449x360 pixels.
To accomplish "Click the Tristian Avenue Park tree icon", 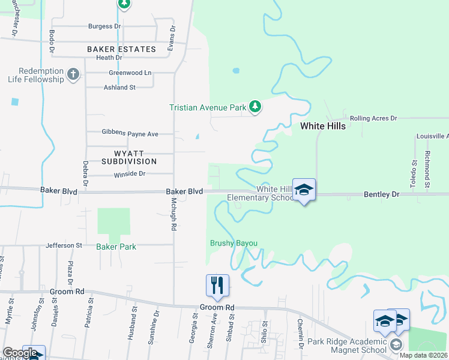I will (256, 107).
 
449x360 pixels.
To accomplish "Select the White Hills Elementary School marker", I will (304, 190).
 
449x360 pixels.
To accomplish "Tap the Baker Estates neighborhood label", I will (121, 49).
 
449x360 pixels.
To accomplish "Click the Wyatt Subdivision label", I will (129, 157).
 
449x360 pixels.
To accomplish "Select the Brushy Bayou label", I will (234, 243).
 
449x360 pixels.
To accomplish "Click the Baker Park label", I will (116, 247).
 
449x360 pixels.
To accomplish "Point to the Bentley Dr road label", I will (381, 195).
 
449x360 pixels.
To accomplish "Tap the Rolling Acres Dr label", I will (374, 119).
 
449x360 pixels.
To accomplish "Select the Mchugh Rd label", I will (173, 214).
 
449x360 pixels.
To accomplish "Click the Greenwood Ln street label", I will (130, 73).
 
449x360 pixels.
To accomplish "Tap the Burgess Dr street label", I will (104, 26).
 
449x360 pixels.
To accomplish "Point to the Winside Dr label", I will (130, 174).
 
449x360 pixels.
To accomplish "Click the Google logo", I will (20, 353).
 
